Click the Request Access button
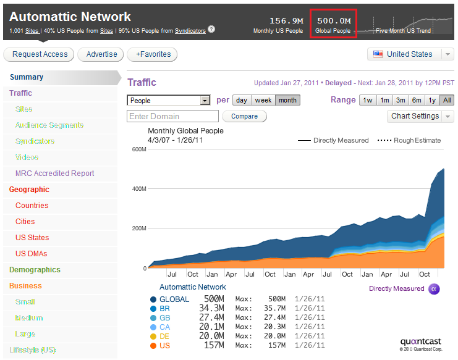tap(39, 54)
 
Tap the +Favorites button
tap(152, 54)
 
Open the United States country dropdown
tap(410, 54)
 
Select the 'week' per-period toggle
tap(263, 100)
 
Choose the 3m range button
tap(401, 100)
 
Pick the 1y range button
tap(432, 100)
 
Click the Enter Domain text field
tap(172, 116)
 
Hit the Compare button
tap(244, 116)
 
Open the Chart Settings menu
tap(421, 116)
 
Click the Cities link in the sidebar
tap(25, 222)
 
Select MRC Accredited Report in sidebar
tap(55, 174)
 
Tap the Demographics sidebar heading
tap(35, 270)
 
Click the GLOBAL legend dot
tap(152, 299)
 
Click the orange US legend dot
tap(152, 346)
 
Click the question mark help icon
tap(212, 29)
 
